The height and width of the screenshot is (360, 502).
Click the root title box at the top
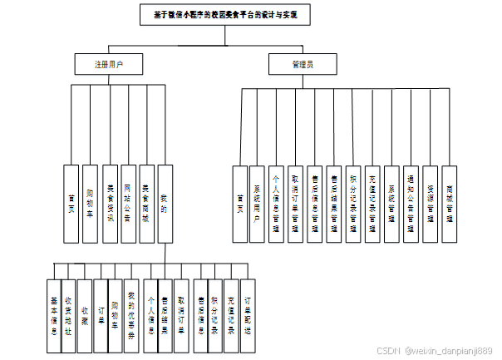pos(224,15)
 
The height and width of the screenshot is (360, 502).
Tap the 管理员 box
pos(302,64)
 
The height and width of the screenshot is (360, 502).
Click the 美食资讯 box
pos(109,204)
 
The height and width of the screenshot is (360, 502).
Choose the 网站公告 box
pos(128,204)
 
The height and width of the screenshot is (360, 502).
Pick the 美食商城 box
pos(146,204)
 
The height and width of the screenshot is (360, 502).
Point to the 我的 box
pos(165,204)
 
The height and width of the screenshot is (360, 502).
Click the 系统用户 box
pos(257,204)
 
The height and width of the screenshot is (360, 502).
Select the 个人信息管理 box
pos(276,204)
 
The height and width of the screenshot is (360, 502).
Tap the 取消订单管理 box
pos(295,204)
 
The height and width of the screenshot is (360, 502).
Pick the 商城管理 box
pos(449,204)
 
